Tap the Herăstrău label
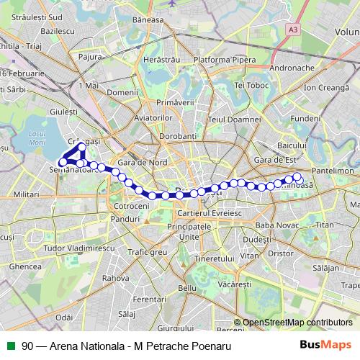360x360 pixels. coord(161,59)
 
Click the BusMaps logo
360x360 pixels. coord(326,346)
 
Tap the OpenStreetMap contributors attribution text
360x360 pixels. coord(297,323)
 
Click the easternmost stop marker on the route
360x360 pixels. coord(297,177)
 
